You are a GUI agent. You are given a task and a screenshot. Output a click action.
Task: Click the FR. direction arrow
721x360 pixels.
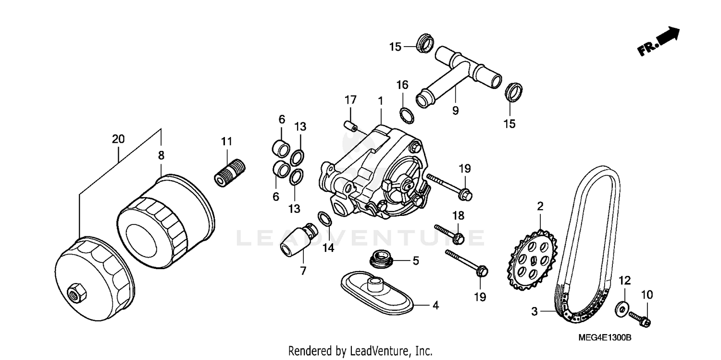click(659, 42)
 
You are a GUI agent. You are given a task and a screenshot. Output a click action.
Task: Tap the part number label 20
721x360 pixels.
click(118, 139)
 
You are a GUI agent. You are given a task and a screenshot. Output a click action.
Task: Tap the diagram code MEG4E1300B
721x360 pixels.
click(606, 338)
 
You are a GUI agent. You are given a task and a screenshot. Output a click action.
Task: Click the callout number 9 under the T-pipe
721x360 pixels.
click(455, 111)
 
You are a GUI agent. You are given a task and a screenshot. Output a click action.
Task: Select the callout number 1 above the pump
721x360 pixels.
click(380, 101)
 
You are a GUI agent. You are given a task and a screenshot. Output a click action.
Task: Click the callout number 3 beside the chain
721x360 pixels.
click(534, 311)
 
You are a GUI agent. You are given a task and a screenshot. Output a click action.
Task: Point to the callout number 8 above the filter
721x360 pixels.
click(161, 155)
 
